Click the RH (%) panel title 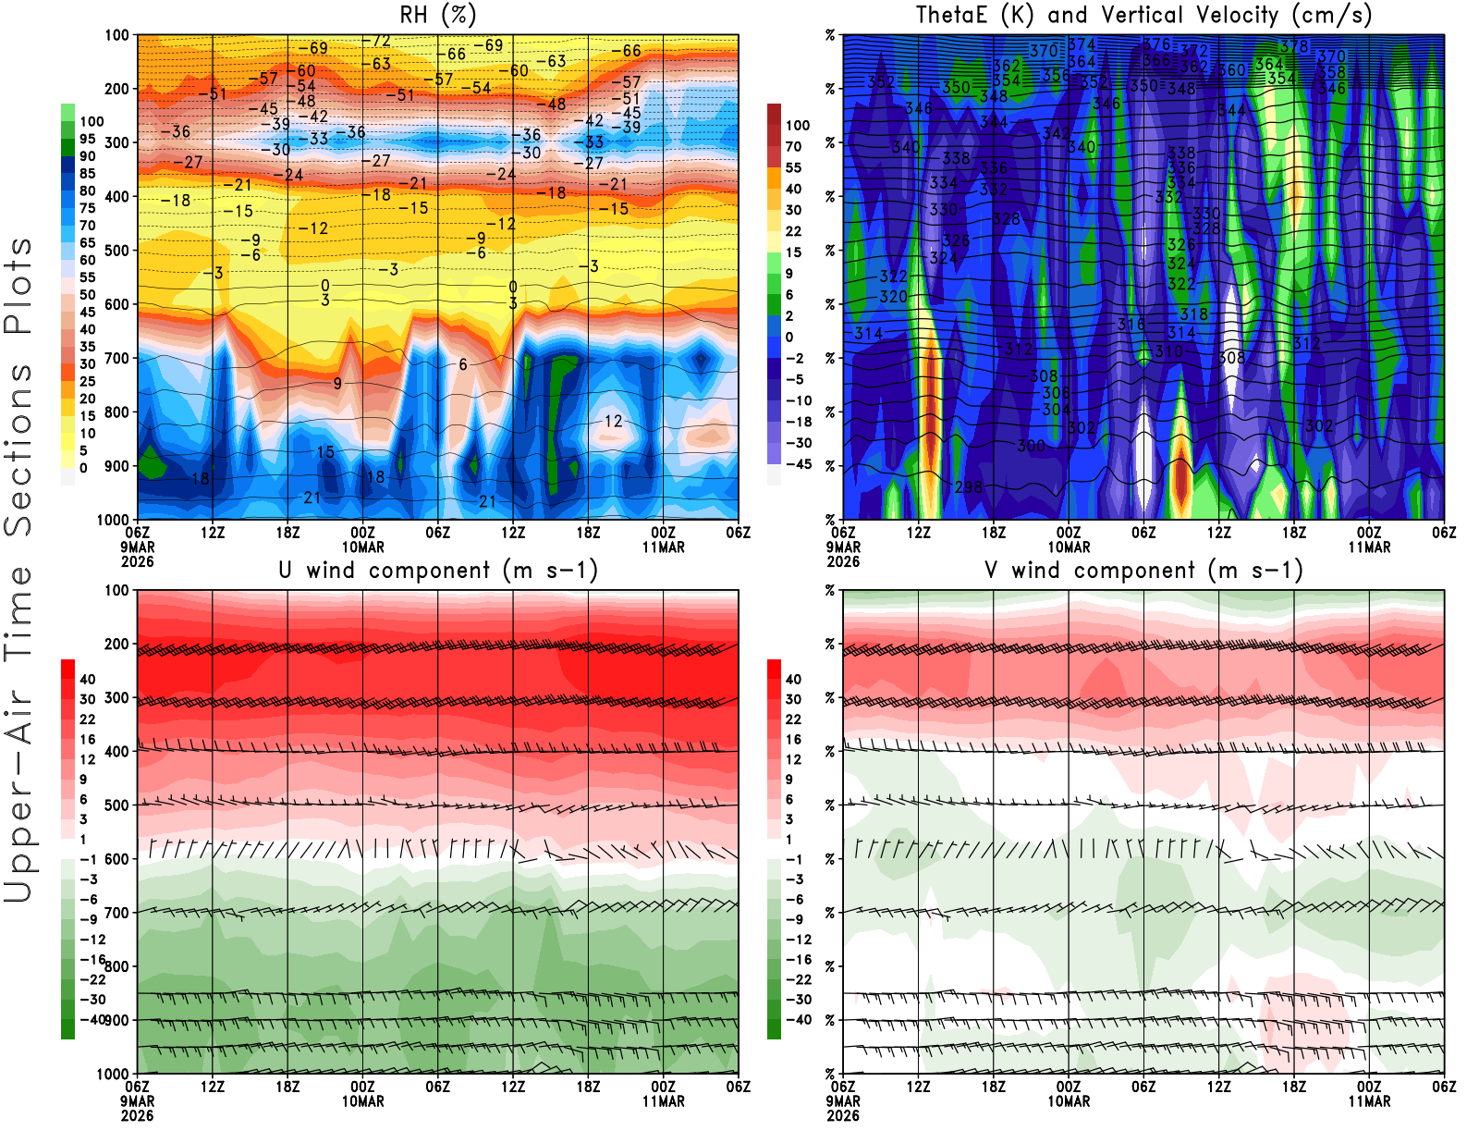pos(438,15)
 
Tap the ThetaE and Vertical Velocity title pos(1143,15)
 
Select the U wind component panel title pos(438,570)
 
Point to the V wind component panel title pos(1143,570)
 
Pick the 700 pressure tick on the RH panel pos(116,358)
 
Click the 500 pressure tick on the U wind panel pos(116,805)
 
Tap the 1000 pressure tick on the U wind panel pos(113,1074)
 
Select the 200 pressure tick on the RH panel pos(116,89)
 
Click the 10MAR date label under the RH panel pos(363,547)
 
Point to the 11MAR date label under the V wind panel pos(1369,1101)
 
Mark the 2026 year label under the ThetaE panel pos(843,561)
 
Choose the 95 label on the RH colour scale pos(87,139)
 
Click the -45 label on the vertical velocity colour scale pos(799,464)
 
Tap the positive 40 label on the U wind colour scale pos(88,680)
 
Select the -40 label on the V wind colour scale pos(799,1020)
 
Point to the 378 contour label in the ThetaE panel pos(1294,46)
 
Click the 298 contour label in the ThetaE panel pos(969,486)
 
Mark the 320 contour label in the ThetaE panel pos(893,297)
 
